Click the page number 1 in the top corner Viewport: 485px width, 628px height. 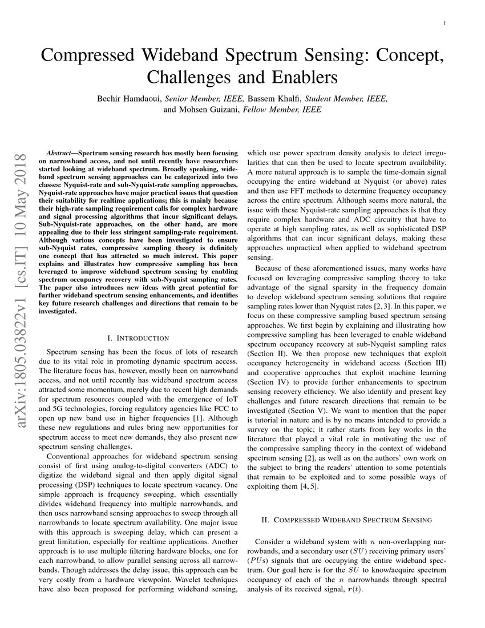click(x=444, y=23)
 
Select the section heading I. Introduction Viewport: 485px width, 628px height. click(x=138, y=339)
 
